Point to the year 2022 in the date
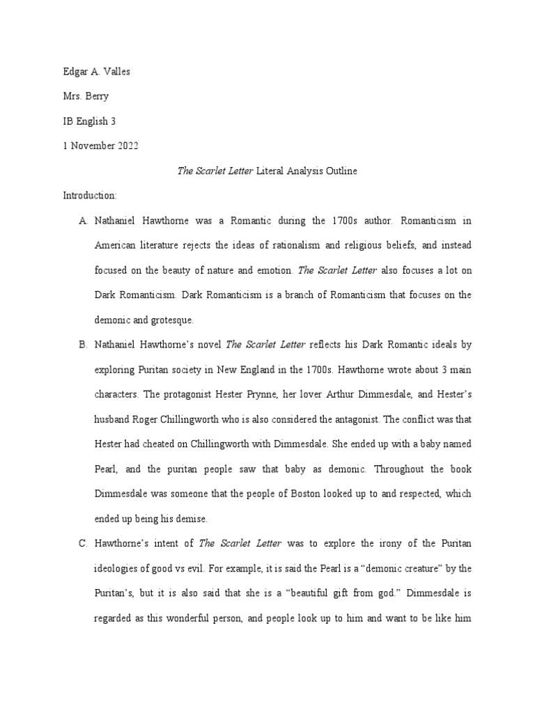pos(127,146)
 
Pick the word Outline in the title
pos(340,171)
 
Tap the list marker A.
pos(83,221)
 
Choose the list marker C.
pos(83,543)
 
